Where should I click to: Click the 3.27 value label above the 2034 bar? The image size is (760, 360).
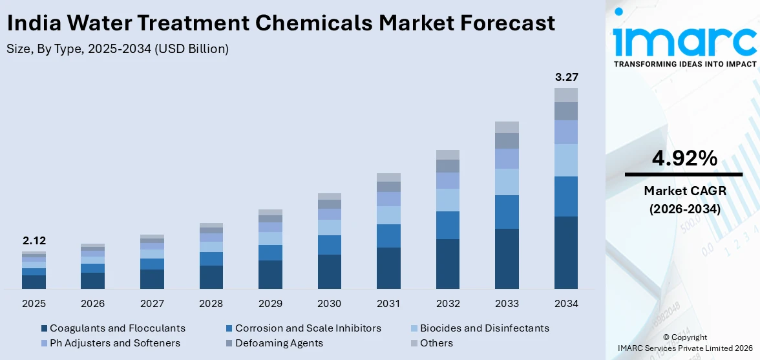pos(566,77)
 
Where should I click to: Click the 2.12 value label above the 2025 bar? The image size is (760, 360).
pos(34,241)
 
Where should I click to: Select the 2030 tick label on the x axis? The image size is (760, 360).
pos(330,303)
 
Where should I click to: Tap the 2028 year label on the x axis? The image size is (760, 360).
pos(211,303)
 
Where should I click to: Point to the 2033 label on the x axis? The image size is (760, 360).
pos(507,303)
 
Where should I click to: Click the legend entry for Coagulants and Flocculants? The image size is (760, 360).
pos(117,328)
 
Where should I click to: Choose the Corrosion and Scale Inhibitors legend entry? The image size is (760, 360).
pos(308,328)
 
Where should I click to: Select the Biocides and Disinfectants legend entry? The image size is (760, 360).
pos(484,328)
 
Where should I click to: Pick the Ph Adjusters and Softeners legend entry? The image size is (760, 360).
pos(114,343)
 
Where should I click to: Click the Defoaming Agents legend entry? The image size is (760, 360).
pos(279,343)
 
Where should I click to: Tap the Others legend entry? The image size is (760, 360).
pos(436,343)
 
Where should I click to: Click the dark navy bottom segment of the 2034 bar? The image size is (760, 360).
pos(566,252)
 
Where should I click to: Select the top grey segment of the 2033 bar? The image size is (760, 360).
pos(507,127)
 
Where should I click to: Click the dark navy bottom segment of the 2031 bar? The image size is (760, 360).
pos(388,268)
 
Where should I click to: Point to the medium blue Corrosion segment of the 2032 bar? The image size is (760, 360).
pos(448,225)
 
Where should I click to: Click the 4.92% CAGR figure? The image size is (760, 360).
pos(683,158)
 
